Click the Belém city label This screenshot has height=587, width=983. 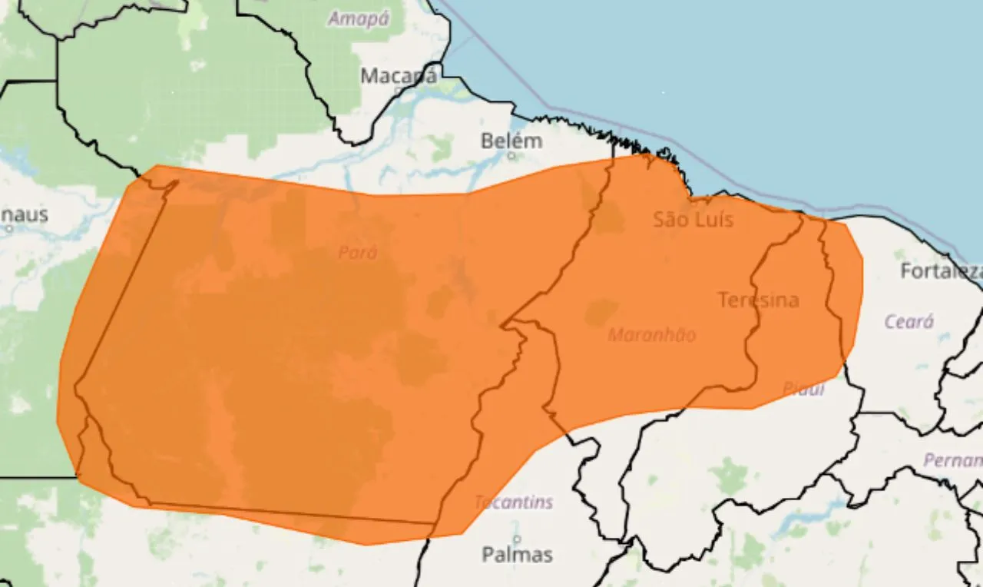(511, 141)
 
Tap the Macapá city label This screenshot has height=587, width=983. (399, 76)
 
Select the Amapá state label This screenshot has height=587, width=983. (359, 18)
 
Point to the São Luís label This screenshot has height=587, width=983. (693, 220)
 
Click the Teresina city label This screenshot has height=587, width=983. (758, 300)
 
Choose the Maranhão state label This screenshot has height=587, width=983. (652, 335)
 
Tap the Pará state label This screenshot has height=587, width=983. (358, 252)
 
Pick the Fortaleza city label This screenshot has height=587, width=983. (941, 271)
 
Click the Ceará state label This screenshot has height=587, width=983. (909, 321)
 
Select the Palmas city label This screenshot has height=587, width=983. (517, 554)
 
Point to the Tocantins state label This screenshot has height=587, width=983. (513, 502)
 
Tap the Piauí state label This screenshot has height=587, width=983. (803, 389)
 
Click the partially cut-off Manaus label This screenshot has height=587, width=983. (23, 214)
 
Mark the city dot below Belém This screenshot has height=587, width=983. (511, 155)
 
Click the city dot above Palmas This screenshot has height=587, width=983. (517, 539)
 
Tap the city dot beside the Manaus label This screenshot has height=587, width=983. (9, 227)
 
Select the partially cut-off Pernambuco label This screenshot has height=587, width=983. (953, 460)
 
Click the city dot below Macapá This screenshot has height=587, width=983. (398, 90)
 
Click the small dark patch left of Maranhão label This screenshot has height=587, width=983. (601, 311)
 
